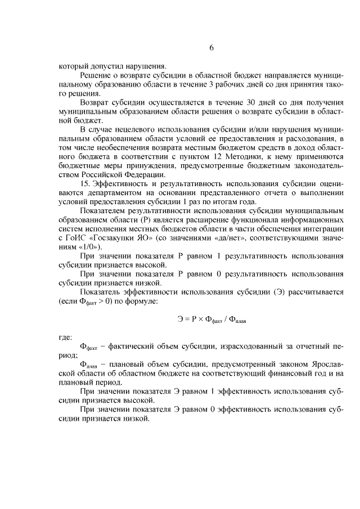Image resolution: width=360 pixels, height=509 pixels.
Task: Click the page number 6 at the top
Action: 211,48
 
